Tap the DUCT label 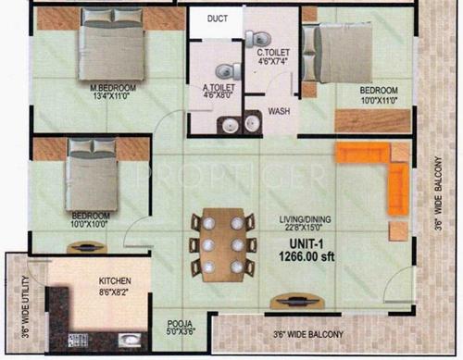point(218,19)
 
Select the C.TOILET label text point(274,54)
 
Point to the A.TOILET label point(219,90)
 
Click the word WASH point(279,111)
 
